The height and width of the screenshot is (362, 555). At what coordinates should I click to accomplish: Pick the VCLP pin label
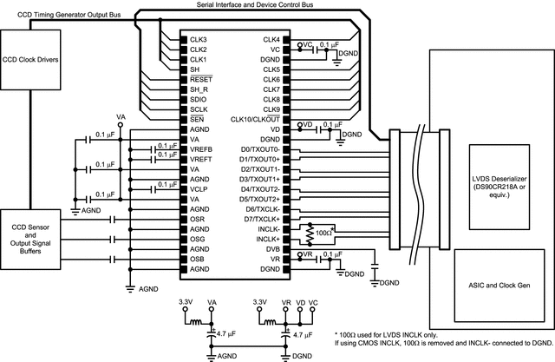click(199, 188)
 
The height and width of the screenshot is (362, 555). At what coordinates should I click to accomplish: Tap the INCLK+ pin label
click(265, 238)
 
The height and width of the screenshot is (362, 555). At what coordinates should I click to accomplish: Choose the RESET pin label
click(200, 79)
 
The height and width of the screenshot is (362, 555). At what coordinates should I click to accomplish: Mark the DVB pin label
click(271, 248)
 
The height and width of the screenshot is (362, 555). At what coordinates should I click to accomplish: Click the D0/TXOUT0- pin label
click(259, 149)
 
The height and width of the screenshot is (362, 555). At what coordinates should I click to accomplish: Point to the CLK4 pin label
click(271, 40)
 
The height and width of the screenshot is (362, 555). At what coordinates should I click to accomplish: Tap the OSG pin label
click(199, 239)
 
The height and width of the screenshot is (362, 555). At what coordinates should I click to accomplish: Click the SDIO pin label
click(199, 99)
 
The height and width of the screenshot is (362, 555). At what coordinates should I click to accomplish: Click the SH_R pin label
click(199, 89)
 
